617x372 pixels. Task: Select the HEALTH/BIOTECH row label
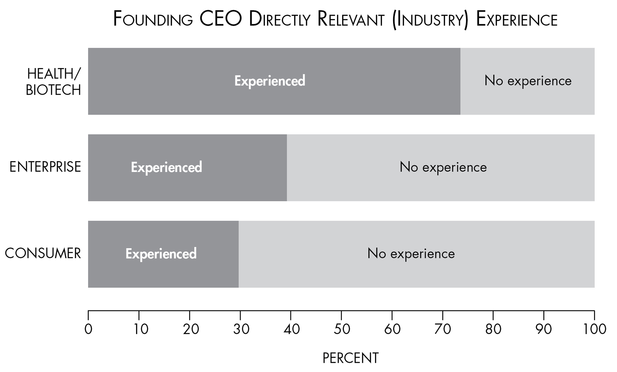tap(53, 82)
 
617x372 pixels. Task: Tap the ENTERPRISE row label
tap(45, 167)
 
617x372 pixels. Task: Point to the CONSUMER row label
tap(43, 254)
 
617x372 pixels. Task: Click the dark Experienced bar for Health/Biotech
tap(274, 81)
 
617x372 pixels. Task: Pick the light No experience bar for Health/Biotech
tap(528, 81)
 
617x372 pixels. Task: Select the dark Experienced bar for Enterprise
tap(187, 168)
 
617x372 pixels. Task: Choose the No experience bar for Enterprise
tap(441, 168)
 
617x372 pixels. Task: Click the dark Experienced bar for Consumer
tap(163, 254)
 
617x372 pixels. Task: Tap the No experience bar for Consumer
tap(416, 254)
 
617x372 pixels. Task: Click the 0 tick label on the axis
tap(88, 329)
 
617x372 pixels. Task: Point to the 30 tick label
tap(241, 329)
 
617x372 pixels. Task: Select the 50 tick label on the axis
tap(342, 329)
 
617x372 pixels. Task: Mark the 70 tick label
tap(443, 329)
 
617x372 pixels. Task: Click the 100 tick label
tap(594, 329)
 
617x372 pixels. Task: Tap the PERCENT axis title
tap(351, 358)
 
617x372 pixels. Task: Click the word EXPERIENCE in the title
tap(517, 19)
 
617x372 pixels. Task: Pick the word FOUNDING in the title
tap(153, 19)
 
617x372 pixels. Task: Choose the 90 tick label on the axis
tap(544, 329)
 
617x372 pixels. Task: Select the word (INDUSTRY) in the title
tap(431, 20)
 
